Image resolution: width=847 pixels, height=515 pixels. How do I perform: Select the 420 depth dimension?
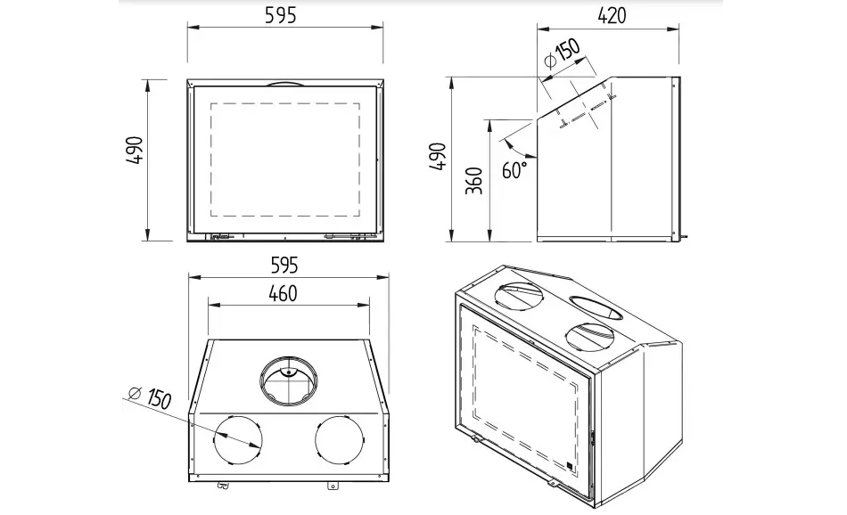(612, 15)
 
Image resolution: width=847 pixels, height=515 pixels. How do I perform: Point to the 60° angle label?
(514, 169)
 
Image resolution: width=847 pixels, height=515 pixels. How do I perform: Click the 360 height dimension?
(474, 180)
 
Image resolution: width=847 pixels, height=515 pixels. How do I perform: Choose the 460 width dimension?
(283, 293)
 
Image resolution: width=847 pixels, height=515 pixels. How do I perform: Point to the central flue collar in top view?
(288, 381)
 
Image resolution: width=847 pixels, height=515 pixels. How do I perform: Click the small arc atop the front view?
(284, 84)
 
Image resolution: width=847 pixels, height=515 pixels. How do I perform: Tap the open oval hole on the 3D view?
(596, 307)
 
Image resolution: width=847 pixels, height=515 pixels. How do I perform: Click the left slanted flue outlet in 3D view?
(523, 295)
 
